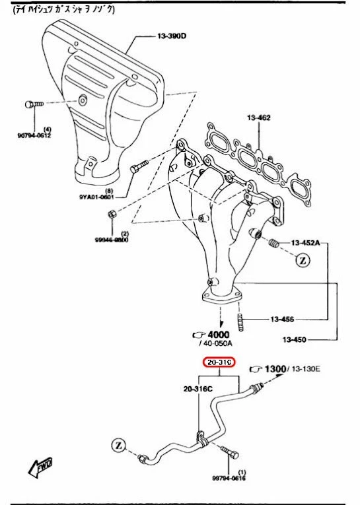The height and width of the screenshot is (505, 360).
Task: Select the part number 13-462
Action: point(260,118)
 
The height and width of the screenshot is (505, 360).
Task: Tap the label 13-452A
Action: point(306,243)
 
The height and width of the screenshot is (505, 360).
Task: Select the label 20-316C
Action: point(198,389)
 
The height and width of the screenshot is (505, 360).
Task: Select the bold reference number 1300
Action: point(273,368)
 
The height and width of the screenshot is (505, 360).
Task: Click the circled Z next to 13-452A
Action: point(303,260)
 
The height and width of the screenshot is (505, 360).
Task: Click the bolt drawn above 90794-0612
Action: point(34,104)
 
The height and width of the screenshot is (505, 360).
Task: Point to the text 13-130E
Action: point(306,369)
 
